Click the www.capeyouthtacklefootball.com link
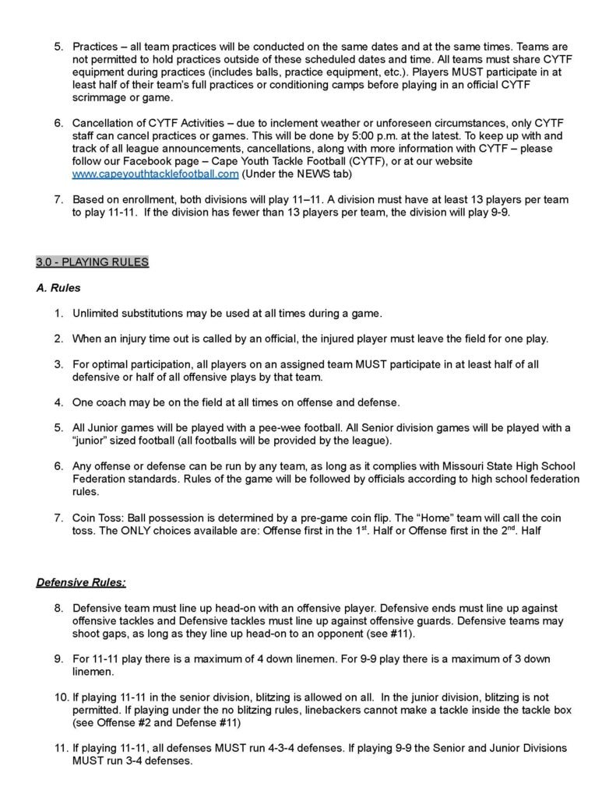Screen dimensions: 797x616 155,174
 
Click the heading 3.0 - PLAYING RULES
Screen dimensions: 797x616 93,262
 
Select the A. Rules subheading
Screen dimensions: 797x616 58,287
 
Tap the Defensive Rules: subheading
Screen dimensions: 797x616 81,581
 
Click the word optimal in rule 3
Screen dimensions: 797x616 111,364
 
